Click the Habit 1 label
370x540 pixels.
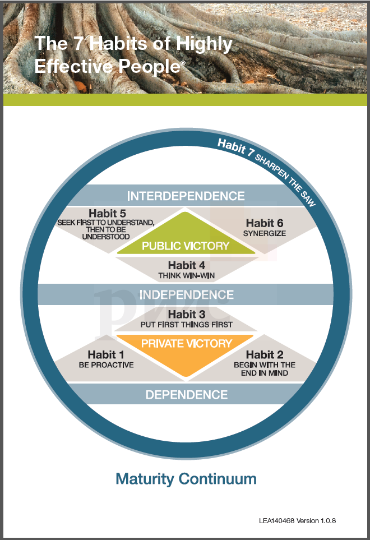106,354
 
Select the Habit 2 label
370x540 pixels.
264,354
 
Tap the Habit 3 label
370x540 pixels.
186,314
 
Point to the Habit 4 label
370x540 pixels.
186,265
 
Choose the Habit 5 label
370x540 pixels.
106,213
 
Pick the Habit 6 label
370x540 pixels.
264,223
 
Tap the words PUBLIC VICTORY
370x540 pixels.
186,246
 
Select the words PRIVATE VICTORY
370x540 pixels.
186,343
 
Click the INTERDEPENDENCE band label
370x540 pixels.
186,196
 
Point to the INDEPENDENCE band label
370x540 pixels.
186,294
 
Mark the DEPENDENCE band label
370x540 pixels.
186,395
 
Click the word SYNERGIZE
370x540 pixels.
264,233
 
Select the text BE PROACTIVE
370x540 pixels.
106,365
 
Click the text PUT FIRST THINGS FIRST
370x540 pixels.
186,325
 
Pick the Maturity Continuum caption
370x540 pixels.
186,479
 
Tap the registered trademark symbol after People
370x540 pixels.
183,63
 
